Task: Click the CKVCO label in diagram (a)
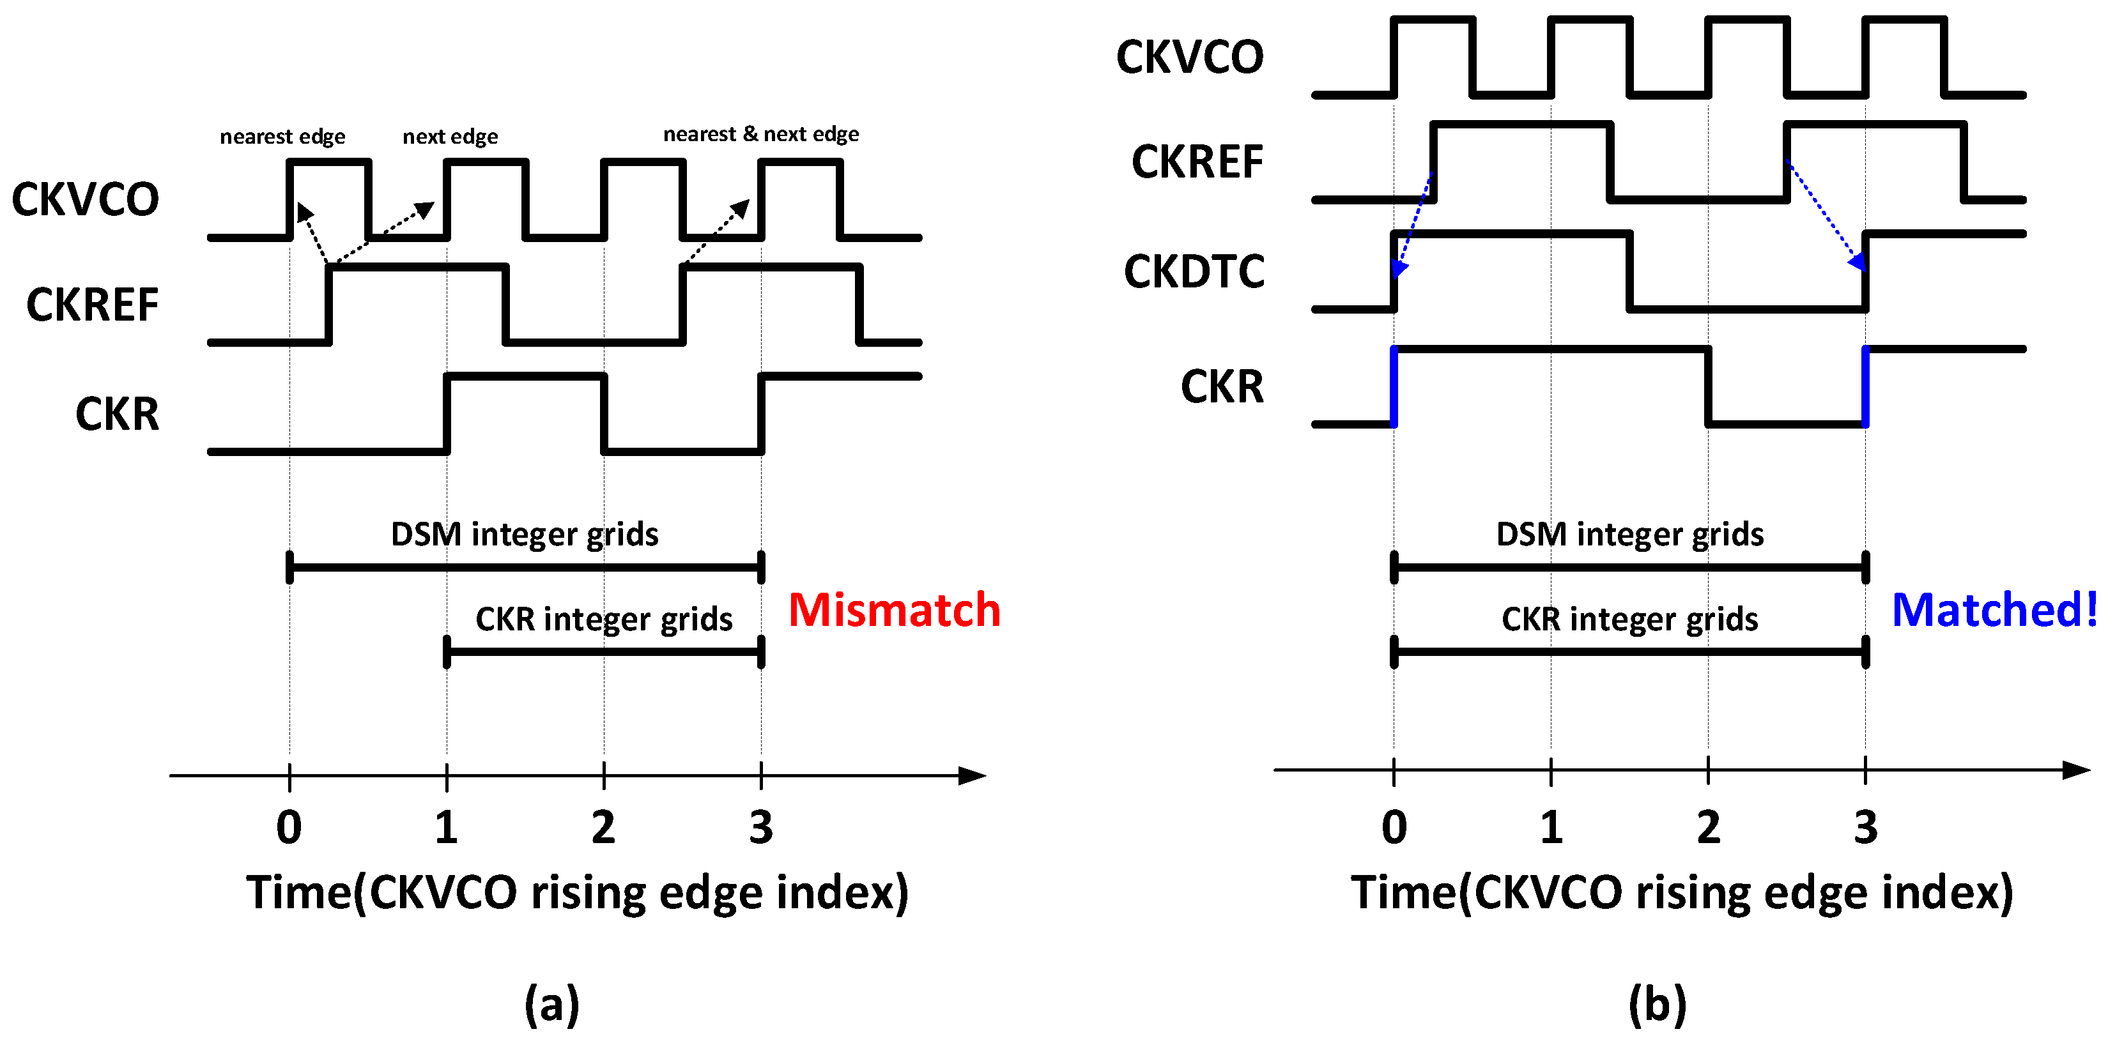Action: point(85,200)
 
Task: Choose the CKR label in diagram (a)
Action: point(117,414)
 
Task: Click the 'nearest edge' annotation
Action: point(282,136)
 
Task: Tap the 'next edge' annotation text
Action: point(450,136)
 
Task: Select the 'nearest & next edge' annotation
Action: point(760,134)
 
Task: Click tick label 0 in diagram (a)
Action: point(289,827)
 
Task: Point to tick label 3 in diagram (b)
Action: point(1865,827)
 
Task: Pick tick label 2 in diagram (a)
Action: point(603,827)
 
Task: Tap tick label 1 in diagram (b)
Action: point(1551,827)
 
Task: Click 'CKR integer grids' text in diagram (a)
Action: point(604,620)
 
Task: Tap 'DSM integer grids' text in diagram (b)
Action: point(1629,534)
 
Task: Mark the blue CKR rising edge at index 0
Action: point(1394,387)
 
